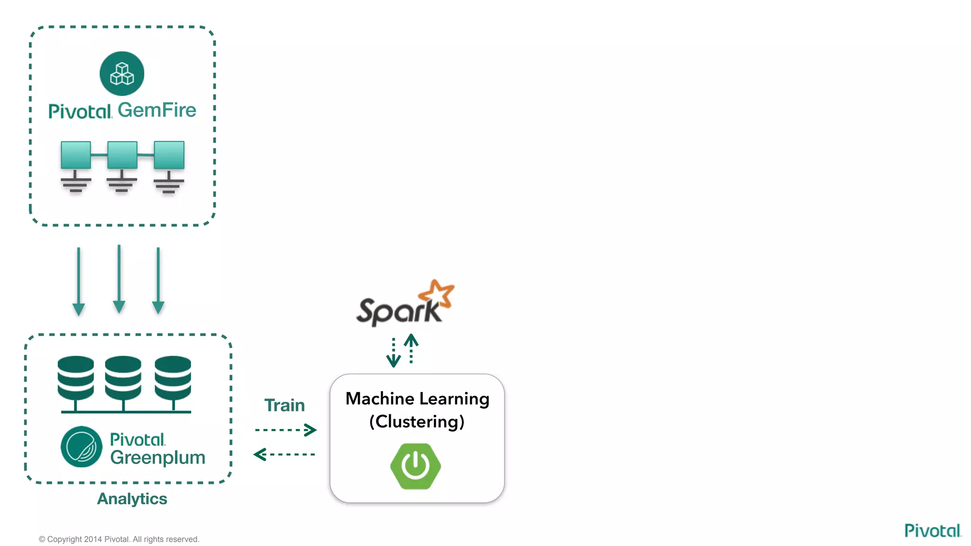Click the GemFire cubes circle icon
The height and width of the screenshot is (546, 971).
[122, 73]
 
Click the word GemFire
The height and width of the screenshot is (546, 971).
[157, 110]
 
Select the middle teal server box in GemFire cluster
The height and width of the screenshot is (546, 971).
[122, 155]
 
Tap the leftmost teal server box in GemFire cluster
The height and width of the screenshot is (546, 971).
[76, 155]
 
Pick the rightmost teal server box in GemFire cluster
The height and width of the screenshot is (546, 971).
[169, 155]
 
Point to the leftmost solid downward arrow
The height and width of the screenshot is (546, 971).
[79, 282]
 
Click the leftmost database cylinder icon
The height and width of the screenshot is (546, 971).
[76, 378]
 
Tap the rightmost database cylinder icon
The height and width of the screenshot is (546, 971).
[173, 378]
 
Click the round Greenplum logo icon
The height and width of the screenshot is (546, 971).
[82, 446]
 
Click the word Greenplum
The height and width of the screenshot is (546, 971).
[157, 458]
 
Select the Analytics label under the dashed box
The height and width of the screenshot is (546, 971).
[132, 499]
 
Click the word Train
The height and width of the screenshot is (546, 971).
[284, 405]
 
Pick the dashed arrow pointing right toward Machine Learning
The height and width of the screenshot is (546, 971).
[286, 430]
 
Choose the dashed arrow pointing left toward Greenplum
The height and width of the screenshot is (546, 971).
[284, 455]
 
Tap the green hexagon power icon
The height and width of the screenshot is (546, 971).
[416, 466]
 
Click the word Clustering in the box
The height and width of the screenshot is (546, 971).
[417, 421]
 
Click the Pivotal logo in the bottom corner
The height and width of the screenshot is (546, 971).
[932, 530]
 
